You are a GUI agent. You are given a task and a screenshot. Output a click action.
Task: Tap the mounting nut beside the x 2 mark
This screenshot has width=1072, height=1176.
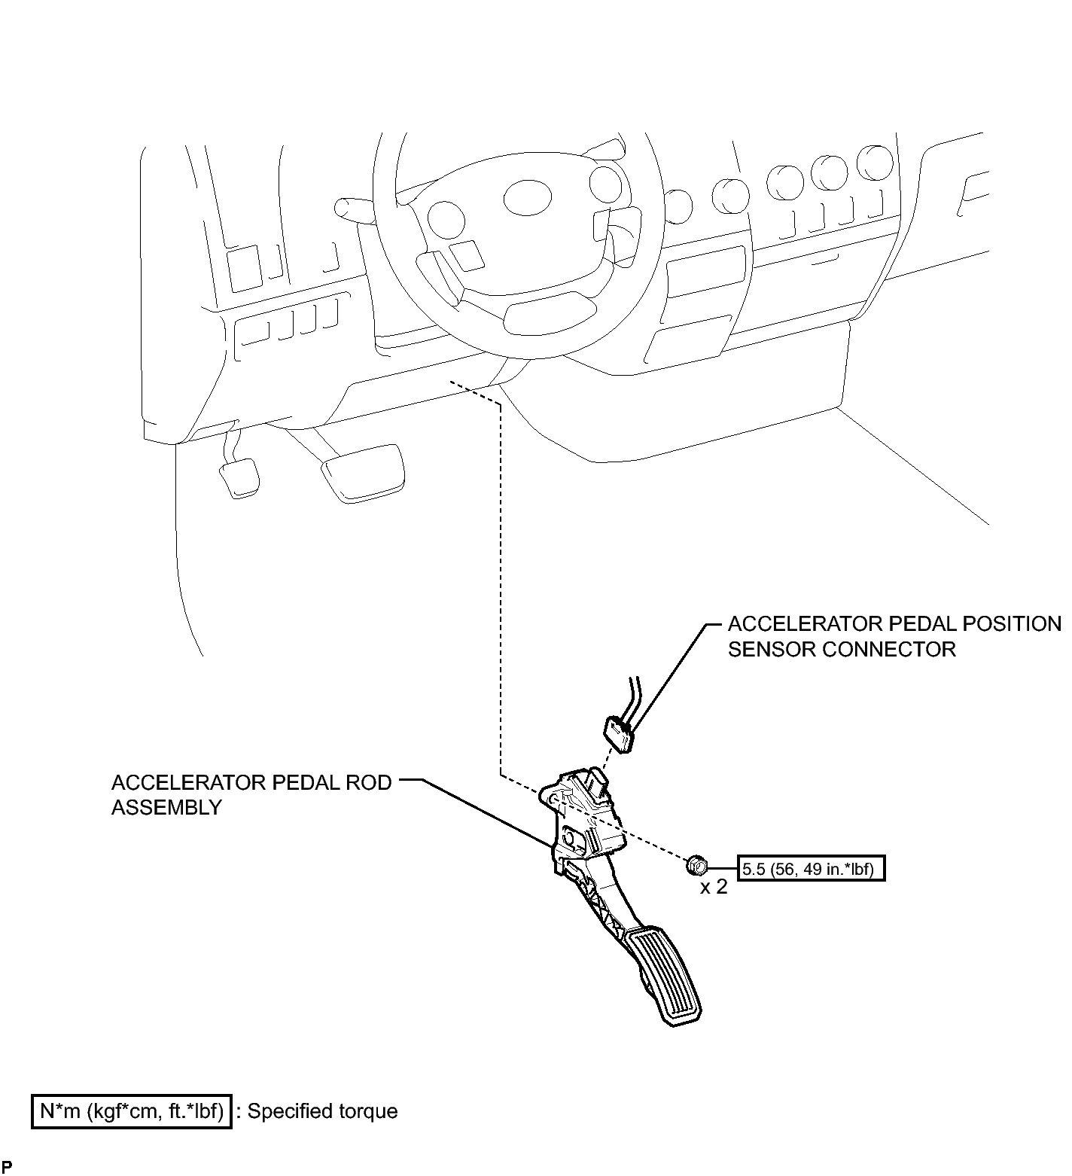coord(695,864)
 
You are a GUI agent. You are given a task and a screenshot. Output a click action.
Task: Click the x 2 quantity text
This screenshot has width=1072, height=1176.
coord(714,887)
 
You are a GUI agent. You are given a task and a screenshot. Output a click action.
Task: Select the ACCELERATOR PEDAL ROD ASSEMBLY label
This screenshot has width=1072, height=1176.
coord(251,794)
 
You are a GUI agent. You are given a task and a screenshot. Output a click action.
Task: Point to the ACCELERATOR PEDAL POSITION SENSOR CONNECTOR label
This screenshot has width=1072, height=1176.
coord(894,636)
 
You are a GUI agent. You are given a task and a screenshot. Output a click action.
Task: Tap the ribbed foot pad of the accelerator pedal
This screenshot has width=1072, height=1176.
coord(665,976)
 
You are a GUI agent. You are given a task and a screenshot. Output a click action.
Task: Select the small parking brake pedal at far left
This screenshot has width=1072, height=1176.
coord(239,477)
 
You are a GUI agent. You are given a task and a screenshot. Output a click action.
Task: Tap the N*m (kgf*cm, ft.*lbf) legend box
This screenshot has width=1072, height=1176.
coord(131,1111)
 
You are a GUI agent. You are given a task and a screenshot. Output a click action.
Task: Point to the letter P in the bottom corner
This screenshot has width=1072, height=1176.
coord(6,1168)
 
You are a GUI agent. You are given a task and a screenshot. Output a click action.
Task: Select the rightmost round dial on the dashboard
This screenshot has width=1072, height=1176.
coord(874,163)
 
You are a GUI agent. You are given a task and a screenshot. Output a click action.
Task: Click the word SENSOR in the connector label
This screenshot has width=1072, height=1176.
coord(771,649)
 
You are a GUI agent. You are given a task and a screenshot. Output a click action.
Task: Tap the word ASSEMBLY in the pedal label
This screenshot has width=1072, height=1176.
coord(166,807)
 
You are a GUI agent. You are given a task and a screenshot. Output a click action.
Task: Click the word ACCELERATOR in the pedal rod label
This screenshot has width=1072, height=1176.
coord(180,782)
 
